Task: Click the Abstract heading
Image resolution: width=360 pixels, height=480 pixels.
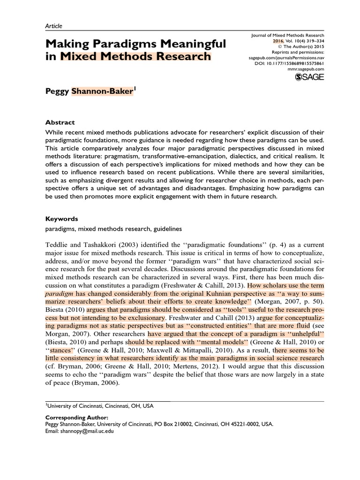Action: (60, 122)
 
